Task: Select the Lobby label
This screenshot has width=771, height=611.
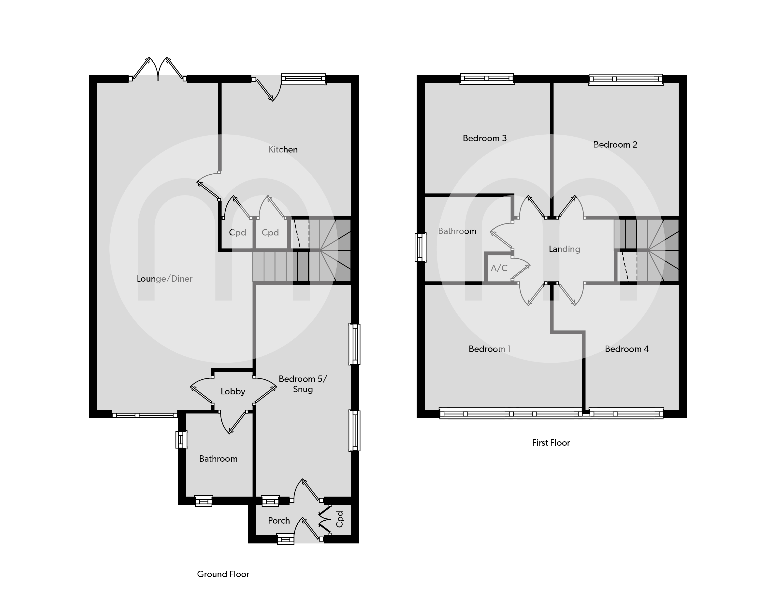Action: coord(233,392)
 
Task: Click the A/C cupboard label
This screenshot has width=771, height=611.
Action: coord(499,268)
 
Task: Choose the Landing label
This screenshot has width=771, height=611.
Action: coord(564,249)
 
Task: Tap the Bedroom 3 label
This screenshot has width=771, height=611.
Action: coord(485,138)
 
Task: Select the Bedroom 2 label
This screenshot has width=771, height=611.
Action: coord(615,145)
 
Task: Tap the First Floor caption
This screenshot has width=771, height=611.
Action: coord(551,443)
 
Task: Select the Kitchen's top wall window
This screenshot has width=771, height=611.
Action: coord(303,79)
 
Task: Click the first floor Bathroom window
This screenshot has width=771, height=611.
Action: coord(420,247)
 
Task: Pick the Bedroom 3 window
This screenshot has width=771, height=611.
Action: coord(487,79)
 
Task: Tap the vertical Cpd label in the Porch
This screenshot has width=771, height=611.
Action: coord(339,519)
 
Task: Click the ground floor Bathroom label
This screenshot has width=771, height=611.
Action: coord(218,459)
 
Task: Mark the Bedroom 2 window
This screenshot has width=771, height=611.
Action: coord(626,79)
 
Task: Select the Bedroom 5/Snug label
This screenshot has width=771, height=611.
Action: coord(303,384)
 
